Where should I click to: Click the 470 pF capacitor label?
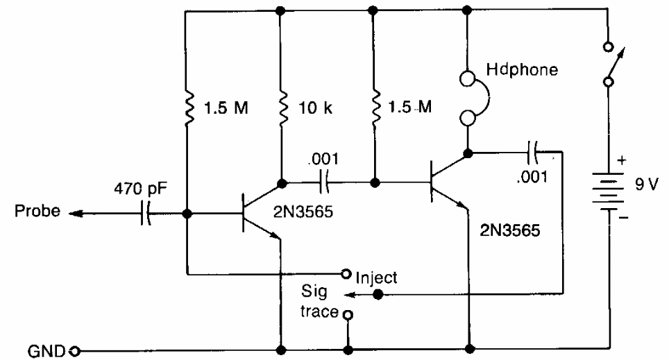pos(141,188)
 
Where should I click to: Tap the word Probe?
pos(37,211)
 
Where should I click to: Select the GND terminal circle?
pos(75,352)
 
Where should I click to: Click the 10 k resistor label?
pos(315,108)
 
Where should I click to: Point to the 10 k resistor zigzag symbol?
pos(281,108)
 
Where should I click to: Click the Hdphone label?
pos(522,69)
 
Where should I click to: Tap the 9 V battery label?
pos(647,185)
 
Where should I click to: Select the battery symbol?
pos(609,191)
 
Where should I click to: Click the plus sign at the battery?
pos(622,160)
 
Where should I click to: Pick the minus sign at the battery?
pos(623,218)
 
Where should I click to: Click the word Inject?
pos(376,278)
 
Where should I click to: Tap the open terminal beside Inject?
pos(346,273)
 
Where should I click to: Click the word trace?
pos(319,311)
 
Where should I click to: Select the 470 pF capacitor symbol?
pos(146,213)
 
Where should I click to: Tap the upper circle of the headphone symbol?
pos(468,78)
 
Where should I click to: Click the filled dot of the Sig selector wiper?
pos(378,294)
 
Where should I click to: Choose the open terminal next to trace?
pos(348,315)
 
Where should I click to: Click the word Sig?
pos(314,292)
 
